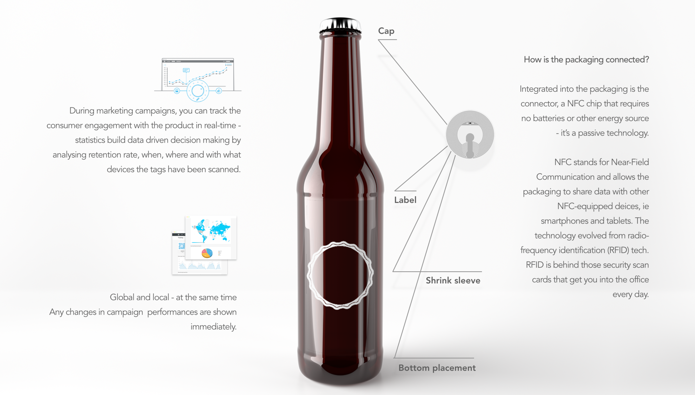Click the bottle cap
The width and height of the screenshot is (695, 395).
click(340, 26)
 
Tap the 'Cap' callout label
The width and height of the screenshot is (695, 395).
click(386, 31)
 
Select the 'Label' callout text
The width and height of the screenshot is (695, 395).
click(405, 200)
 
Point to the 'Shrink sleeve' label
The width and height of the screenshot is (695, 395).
click(453, 280)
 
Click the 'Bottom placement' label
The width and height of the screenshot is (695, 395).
click(437, 368)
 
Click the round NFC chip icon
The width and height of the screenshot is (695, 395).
click(470, 135)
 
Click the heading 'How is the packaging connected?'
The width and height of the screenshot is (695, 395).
click(586, 59)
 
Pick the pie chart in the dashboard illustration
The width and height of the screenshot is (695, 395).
click(207, 253)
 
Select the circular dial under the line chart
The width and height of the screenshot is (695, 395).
click(198, 91)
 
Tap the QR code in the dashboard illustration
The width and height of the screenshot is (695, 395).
click(182, 246)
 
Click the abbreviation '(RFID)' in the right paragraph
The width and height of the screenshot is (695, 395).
click(618, 250)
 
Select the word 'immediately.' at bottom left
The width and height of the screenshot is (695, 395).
click(213, 327)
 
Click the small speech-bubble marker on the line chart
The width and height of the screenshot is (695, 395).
click(186, 70)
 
